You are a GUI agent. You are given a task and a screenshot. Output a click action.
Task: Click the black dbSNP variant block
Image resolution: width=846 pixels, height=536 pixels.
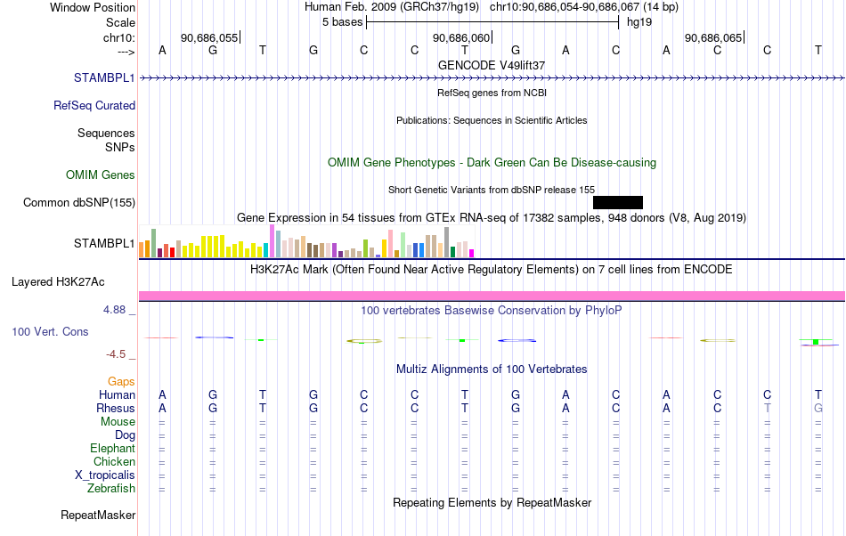pyautogui.click(x=618, y=202)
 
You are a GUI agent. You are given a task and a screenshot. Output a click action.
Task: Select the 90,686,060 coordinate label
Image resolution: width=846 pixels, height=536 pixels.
pyautogui.click(x=461, y=37)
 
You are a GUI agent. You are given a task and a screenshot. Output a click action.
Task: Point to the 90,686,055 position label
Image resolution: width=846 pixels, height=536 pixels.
pyautogui.click(x=209, y=37)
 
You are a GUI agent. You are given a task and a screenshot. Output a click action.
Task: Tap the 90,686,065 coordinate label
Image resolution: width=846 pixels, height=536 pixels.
pyautogui.click(x=713, y=37)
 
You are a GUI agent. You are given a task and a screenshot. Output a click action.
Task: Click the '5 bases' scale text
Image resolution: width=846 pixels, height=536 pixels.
pyautogui.click(x=343, y=22)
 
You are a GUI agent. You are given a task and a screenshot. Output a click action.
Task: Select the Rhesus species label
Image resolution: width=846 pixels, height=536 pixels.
pyautogui.click(x=116, y=408)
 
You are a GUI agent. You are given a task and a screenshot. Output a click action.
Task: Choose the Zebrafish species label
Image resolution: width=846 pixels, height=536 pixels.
pyautogui.click(x=111, y=488)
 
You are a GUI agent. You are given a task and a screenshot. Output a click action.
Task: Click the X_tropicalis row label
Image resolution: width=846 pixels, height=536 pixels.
pyautogui.click(x=105, y=475)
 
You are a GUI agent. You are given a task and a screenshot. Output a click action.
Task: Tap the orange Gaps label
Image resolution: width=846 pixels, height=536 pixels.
pyautogui.click(x=121, y=381)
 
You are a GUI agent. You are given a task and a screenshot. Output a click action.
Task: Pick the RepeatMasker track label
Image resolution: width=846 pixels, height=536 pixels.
pyautogui.click(x=98, y=515)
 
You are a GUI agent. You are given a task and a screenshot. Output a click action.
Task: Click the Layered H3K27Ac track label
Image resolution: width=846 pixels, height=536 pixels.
pyautogui.click(x=58, y=281)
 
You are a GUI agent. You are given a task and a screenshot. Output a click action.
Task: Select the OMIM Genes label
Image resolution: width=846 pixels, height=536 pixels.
pyautogui.click(x=101, y=175)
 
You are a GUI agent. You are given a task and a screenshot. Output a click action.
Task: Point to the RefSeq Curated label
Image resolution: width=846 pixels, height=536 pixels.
pyautogui.click(x=94, y=105)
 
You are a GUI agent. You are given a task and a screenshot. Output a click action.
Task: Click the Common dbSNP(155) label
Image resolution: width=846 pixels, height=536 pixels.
pyautogui.click(x=79, y=202)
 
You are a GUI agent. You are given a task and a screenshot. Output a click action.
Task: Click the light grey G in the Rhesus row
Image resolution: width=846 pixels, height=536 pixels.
pyautogui.click(x=818, y=408)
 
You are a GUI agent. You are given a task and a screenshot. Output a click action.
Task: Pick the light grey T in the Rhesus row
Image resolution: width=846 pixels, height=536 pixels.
pyautogui.click(x=768, y=408)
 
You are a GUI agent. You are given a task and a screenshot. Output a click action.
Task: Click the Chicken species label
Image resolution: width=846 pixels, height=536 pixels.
pyautogui.click(x=114, y=461)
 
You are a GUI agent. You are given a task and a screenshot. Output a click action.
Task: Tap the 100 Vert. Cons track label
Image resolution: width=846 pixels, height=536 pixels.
pyautogui.click(x=50, y=331)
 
